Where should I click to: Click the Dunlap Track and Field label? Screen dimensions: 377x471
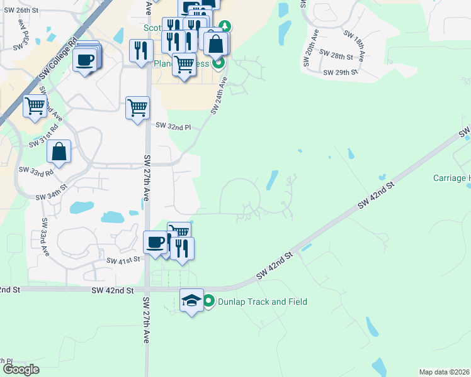262,302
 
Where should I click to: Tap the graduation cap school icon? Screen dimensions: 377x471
192,301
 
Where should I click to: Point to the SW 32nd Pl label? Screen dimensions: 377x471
173,127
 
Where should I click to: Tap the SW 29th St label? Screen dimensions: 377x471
340,73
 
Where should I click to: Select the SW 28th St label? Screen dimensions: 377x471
336,56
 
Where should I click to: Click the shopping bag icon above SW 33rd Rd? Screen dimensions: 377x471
59,151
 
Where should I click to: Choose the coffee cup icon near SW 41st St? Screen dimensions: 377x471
155,242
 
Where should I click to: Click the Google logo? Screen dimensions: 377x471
21,369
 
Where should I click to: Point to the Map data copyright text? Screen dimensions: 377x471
444,372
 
